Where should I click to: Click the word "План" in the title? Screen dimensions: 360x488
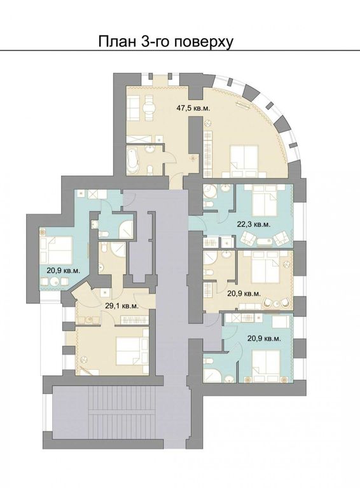115,42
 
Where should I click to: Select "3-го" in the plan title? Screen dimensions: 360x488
153,42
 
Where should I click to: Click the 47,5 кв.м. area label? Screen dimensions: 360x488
193,108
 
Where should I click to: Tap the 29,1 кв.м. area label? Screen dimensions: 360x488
121,306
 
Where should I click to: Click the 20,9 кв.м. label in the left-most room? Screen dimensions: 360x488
64,271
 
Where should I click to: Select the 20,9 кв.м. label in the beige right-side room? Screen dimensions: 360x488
244,294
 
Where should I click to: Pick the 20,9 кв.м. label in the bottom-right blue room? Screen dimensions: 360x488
264,338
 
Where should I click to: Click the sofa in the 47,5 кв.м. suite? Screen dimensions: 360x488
134,108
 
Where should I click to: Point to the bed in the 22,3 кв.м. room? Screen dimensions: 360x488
264,200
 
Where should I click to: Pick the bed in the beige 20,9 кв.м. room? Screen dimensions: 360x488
264,266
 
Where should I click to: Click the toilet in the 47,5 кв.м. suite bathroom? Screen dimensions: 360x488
150,170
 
